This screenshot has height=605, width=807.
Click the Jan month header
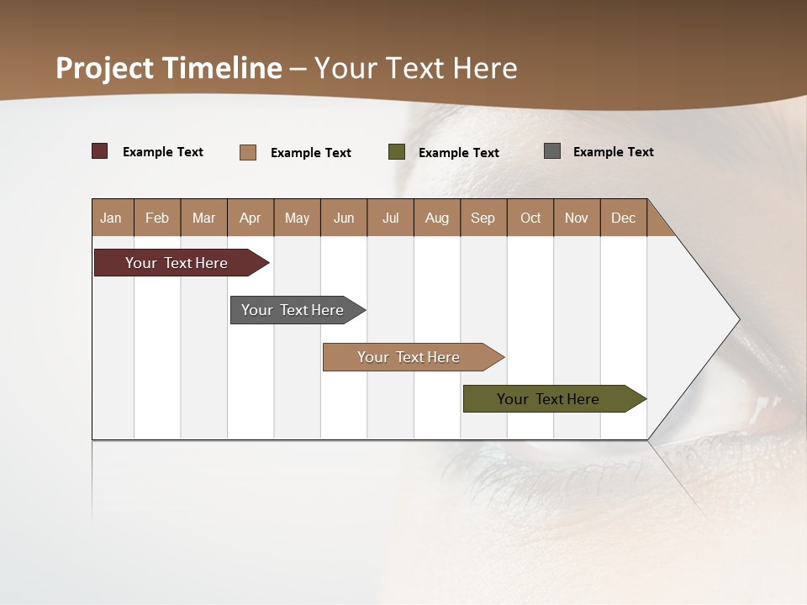pos(112,218)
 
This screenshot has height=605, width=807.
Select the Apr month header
pos(251,218)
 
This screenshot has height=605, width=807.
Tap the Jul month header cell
pos(391,218)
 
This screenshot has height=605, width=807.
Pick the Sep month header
pos(483,218)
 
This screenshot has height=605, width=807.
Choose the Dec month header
pos(624,218)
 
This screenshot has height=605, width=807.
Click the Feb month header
pos(157,218)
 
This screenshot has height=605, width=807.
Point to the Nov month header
pos(577,218)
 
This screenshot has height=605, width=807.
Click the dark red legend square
pos(100,151)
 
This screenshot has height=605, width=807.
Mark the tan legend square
pos(248,152)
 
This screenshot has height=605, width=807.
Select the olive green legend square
pos(397,152)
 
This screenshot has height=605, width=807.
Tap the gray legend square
pos(552,151)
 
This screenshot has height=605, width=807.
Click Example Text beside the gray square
pos(613,152)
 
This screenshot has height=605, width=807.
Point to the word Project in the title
pos(106,68)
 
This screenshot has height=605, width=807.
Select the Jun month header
pos(344,218)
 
